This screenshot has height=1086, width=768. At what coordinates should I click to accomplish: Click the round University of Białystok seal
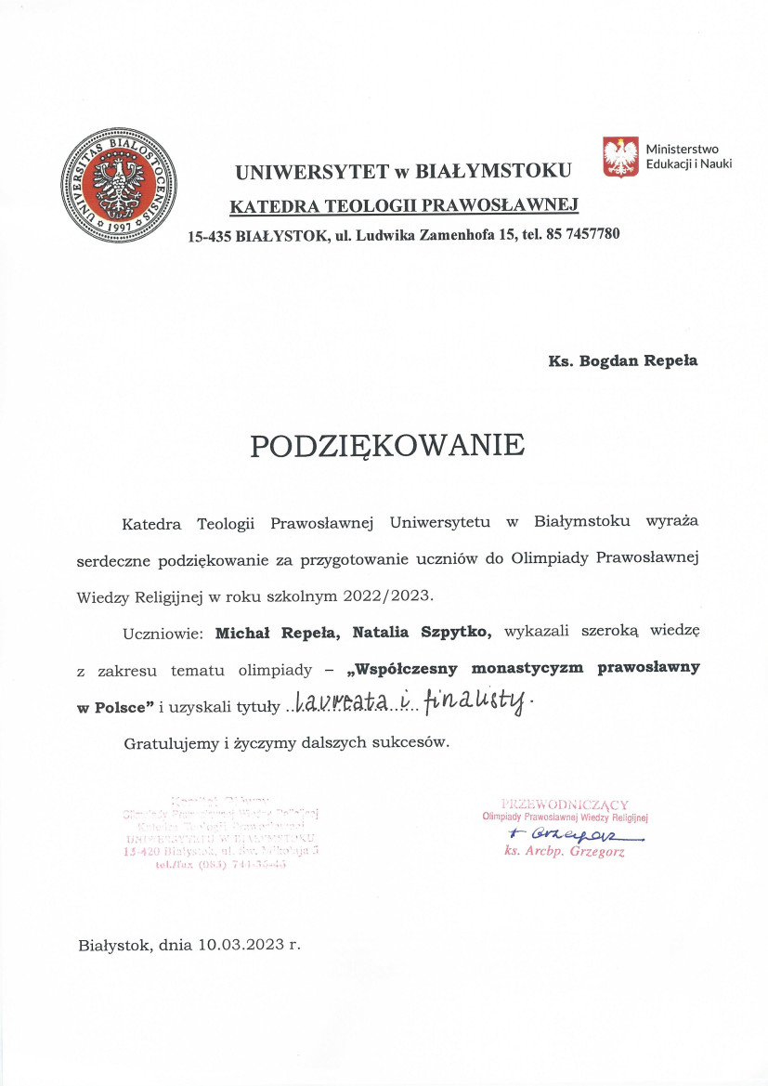(x=119, y=187)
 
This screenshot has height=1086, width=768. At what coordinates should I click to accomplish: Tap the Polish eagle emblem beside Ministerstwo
(x=621, y=156)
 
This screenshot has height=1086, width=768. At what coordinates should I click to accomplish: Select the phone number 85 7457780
(x=576, y=234)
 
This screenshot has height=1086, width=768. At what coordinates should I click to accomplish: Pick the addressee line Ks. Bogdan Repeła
(x=622, y=360)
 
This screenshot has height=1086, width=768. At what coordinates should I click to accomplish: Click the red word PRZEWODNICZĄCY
(x=564, y=804)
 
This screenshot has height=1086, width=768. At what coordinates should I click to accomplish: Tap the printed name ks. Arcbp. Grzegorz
(x=565, y=851)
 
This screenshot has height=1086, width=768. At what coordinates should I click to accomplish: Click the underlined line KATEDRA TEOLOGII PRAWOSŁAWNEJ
(x=404, y=204)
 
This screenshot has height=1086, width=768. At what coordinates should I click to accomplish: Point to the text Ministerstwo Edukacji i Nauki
(x=688, y=156)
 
